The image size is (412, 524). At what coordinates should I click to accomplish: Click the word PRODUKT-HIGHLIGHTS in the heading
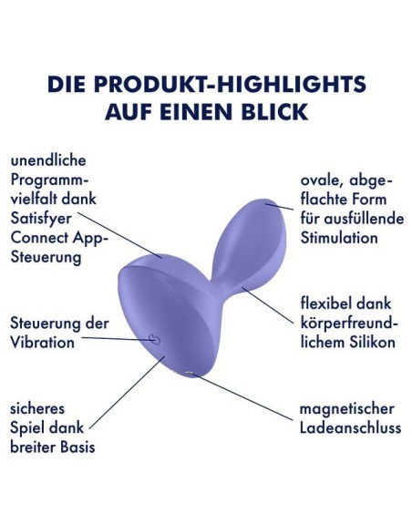(230, 84)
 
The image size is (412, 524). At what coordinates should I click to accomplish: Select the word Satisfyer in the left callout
(41, 220)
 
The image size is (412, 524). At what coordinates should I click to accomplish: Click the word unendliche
(48, 160)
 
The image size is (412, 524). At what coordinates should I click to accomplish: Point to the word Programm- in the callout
(50, 180)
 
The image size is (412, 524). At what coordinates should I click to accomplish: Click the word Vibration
(43, 343)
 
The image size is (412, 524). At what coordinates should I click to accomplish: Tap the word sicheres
(37, 408)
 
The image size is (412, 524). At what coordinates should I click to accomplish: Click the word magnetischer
(347, 409)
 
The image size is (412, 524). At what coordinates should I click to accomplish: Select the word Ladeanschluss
(350, 427)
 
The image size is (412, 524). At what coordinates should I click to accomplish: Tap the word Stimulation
(339, 238)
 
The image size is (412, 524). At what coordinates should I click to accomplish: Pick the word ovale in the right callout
(323, 181)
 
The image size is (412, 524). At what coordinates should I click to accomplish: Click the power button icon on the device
(154, 339)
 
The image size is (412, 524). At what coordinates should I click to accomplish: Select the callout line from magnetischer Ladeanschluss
(243, 396)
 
